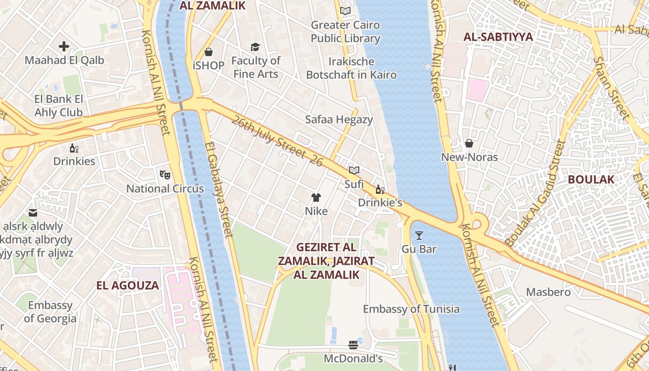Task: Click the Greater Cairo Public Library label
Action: point(345,32)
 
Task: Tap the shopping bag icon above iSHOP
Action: point(209,52)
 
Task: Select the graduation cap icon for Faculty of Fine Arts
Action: point(255,47)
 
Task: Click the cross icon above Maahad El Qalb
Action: point(64,46)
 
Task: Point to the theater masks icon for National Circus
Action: point(165,175)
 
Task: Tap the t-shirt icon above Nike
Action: point(316,198)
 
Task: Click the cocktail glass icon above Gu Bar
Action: point(419,236)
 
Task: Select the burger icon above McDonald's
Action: point(353,345)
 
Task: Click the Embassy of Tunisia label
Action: point(411,309)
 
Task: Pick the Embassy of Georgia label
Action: point(50,312)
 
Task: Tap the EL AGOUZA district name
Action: point(127,285)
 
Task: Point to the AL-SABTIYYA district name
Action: point(498,37)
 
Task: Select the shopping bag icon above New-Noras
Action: point(469,143)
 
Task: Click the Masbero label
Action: point(548,292)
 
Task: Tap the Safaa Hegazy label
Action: point(339,120)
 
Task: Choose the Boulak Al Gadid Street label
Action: point(536,194)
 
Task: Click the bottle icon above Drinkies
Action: point(74,148)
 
